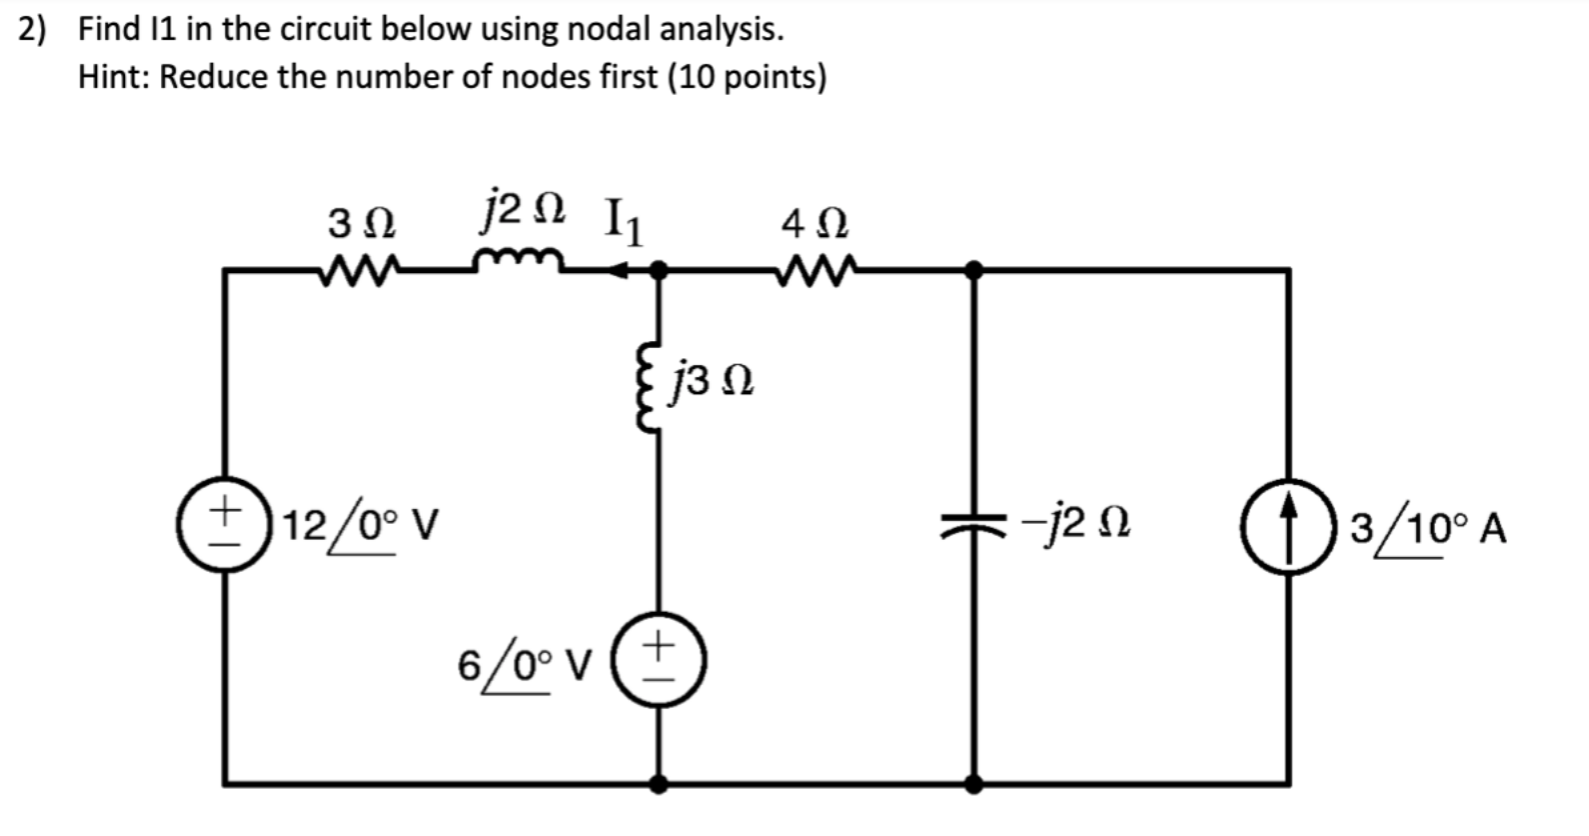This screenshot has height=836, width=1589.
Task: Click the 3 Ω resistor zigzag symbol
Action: pyautogui.click(x=359, y=268)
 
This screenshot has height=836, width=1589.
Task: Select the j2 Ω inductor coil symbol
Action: pyautogui.click(x=519, y=262)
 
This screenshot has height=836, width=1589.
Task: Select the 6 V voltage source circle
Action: pyautogui.click(x=658, y=662)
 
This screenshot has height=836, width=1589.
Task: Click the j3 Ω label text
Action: pyautogui.click(x=714, y=381)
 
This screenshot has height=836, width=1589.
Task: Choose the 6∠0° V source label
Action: pyautogui.click(x=525, y=664)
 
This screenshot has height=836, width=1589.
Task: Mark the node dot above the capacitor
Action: pyautogui.click(x=973, y=269)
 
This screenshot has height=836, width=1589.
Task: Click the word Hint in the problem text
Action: pyautogui.click(x=113, y=76)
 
